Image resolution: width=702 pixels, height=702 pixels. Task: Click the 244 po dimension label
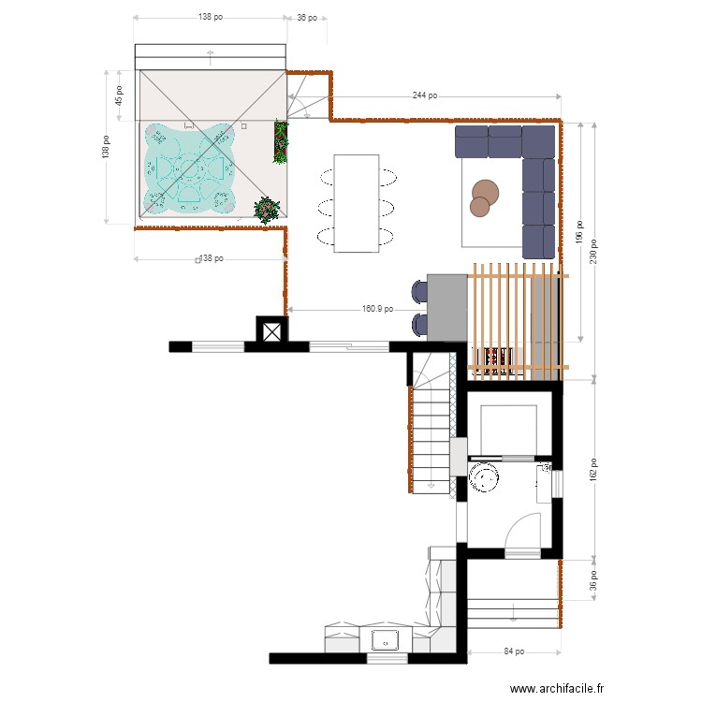pos(424,96)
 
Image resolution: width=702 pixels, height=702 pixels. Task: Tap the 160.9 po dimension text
pos(376,309)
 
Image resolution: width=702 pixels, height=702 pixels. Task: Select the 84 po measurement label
pos(512,651)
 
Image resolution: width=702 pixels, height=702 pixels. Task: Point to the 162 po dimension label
pos(592,469)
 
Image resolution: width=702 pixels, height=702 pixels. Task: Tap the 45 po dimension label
pos(119,95)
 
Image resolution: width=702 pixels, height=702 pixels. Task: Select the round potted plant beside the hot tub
pos(268,208)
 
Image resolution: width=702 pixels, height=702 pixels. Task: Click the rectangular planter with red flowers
pos(280,141)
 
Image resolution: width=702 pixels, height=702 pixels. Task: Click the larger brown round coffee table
pos(485,192)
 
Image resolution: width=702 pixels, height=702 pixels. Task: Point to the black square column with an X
pos(271,331)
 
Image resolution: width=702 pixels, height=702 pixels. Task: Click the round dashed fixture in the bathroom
pos(485,477)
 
